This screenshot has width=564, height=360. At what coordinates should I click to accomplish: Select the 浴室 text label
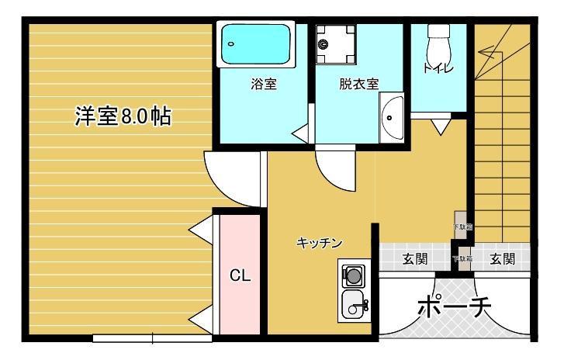264,84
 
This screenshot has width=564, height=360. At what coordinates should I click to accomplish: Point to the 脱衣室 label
358,84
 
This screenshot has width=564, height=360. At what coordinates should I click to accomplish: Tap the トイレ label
438,68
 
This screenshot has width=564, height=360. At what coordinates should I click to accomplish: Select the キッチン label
319,243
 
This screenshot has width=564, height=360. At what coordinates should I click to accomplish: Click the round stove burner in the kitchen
354,275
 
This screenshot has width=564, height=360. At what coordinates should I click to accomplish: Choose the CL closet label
240,275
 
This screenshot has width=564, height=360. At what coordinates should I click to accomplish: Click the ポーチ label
455,307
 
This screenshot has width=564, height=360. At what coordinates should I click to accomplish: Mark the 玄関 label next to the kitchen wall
414,259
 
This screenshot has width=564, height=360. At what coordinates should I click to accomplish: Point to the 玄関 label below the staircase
502,259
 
